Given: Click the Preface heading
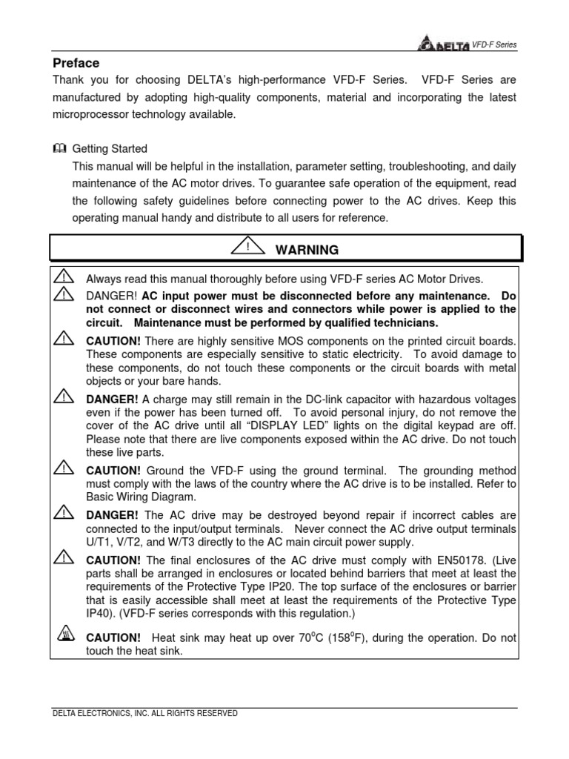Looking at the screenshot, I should pos(76,63).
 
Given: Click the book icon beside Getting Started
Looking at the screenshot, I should pos(59,148).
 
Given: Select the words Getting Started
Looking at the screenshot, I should pos(117,148).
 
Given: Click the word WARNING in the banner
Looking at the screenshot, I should pos(307,250).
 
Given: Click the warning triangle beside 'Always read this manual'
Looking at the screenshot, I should pos(64,277).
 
